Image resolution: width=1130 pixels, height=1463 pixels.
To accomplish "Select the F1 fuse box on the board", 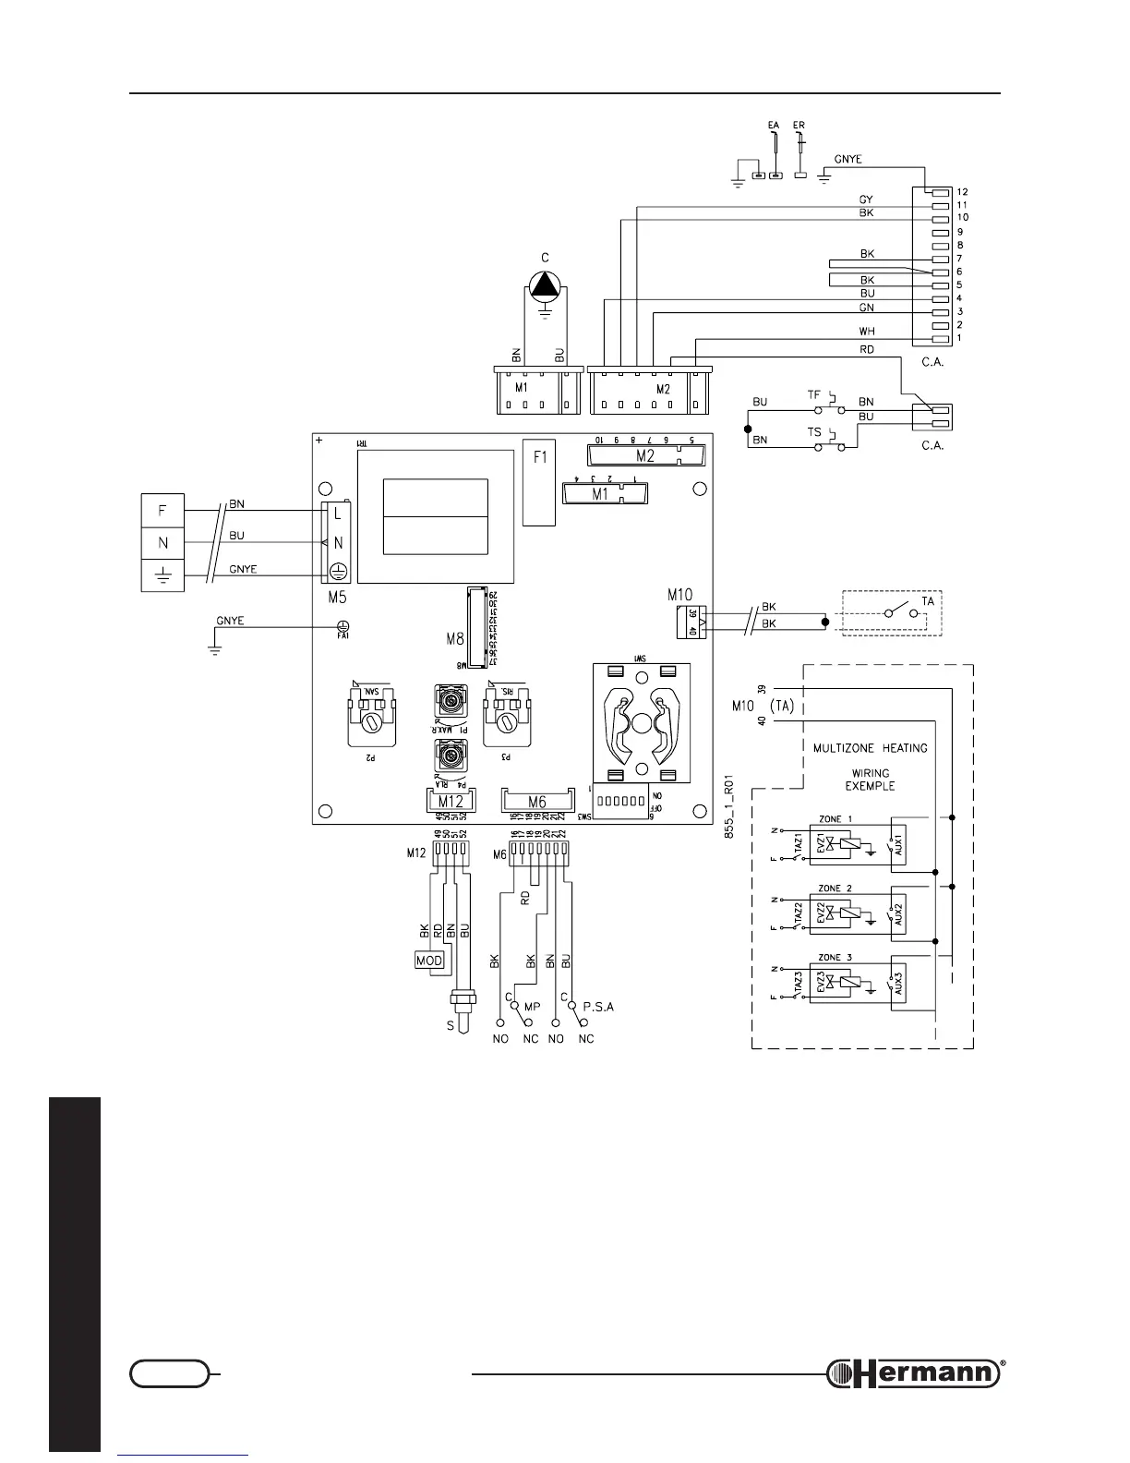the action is [539, 480].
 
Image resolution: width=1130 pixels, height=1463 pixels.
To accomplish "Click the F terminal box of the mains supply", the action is [162, 511].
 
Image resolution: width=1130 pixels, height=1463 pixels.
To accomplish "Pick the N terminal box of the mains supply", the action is [162, 543].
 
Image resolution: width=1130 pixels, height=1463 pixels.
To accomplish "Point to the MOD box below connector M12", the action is [430, 961].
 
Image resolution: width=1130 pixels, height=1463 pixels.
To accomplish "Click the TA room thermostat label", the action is [928, 601].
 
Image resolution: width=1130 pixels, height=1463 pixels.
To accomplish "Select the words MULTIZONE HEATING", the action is [870, 748].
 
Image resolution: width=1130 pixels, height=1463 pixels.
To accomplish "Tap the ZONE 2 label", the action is [835, 889].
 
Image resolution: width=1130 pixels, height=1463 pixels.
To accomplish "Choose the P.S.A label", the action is [598, 1007].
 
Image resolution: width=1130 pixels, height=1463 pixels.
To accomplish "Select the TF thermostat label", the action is [813, 394].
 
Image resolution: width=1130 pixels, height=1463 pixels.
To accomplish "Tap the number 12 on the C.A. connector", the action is [962, 192].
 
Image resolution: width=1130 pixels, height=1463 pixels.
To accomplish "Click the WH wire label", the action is [867, 332].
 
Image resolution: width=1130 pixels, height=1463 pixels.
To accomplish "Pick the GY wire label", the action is [866, 199].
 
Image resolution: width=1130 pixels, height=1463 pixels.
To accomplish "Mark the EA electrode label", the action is [773, 124].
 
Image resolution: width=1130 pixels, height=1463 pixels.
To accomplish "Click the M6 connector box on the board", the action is [536, 802].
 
